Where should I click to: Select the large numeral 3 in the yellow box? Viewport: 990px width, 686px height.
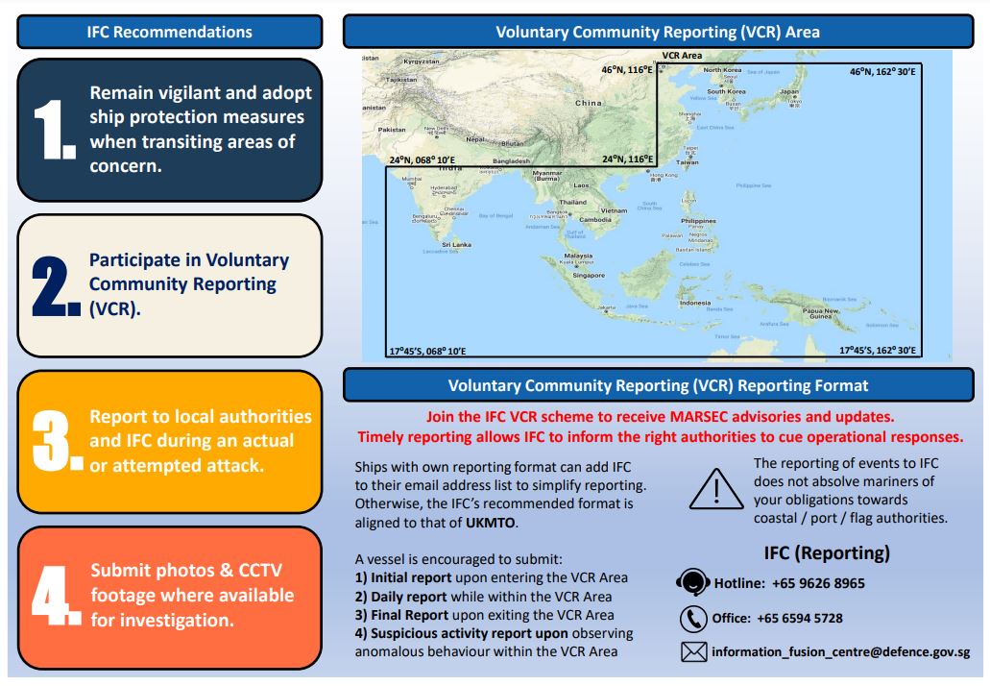[52, 441]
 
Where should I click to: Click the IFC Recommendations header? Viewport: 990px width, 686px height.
[170, 32]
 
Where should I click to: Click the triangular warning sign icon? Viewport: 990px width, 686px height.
[716, 489]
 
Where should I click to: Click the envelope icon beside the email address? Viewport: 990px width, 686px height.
[693, 652]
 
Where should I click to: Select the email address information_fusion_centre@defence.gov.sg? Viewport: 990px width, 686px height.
[840, 652]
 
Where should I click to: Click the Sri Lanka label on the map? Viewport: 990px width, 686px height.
[456, 244]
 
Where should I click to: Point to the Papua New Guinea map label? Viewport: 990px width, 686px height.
[821, 314]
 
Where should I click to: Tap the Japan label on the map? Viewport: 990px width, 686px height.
[788, 92]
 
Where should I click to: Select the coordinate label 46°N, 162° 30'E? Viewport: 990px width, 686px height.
[881, 71]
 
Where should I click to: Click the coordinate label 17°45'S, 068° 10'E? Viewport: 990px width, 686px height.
[426, 352]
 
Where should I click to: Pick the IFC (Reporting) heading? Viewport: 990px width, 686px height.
[827, 552]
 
